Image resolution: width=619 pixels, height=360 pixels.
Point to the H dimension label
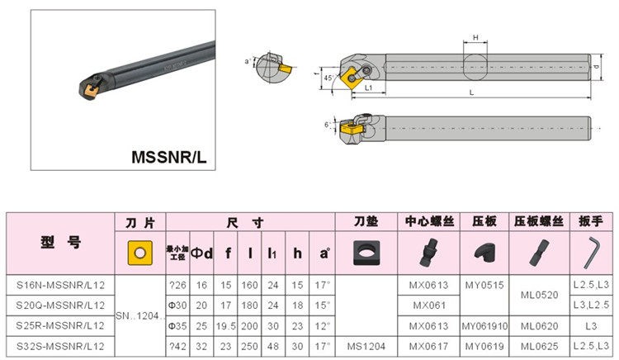(x=475, y=38)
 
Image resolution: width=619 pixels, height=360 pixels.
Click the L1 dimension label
(x=369, y=87)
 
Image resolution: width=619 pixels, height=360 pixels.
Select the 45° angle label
(x=330, y=78)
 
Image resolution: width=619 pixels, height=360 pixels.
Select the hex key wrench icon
(x=592, y=252)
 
